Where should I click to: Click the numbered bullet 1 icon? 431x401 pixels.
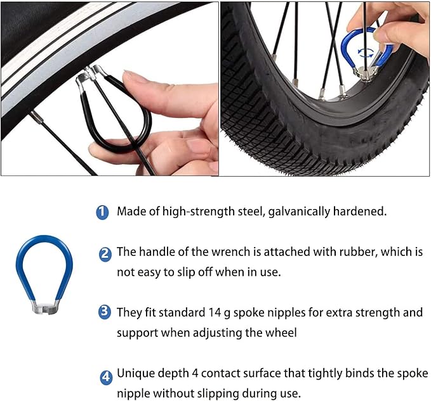tap(102, 212)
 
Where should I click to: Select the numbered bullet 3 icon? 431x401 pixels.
tap(105, 312)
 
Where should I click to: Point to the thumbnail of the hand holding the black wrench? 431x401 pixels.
tap(109, 89)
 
